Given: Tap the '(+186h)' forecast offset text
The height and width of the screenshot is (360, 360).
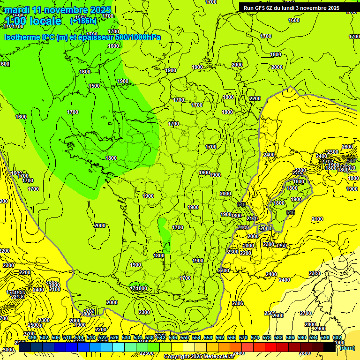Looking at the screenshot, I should (x=83, y=21).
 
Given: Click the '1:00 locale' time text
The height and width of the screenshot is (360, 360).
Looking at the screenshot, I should (x=33, y=21).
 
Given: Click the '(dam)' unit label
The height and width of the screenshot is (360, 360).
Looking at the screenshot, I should (x=347, y=347).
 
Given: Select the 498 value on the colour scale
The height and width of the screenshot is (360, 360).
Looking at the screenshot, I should (x=32, y=337).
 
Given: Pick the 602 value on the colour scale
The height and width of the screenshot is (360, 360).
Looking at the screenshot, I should (x=337, y=337).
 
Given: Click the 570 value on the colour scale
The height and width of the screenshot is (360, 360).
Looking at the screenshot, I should (x=243, y=337).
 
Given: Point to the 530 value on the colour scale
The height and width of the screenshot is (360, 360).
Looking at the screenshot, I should (x=126, y=337).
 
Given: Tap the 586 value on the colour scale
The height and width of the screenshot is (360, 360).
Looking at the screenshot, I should (x=290, y=337).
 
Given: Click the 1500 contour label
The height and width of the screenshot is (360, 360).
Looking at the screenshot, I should (x=94, y=86).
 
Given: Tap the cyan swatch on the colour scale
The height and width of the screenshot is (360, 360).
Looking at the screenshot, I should (x=119, y=347).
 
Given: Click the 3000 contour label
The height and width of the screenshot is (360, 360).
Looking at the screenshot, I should (x=8, y=350).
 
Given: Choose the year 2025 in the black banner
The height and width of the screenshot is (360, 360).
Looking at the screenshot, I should (x=333, y=8).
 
